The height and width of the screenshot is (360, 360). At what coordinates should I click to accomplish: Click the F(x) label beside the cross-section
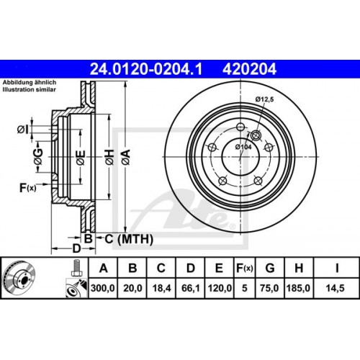[x=27, y=189]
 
